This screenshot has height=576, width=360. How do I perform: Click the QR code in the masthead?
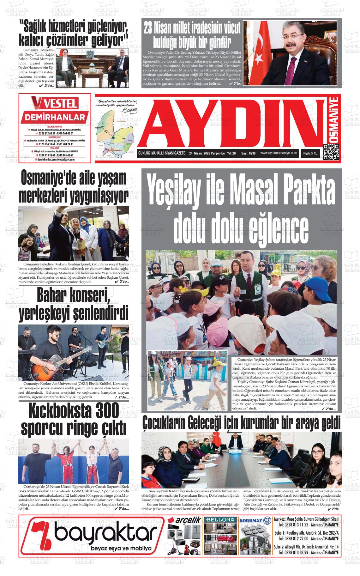331,152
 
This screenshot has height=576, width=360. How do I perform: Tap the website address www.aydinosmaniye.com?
279,153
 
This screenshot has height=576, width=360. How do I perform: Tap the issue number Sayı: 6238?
248,153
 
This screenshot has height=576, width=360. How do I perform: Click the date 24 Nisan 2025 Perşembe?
207,153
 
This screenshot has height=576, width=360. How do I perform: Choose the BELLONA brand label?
220,520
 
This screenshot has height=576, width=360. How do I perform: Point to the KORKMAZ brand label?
252,520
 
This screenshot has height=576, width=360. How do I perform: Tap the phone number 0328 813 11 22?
294,525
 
